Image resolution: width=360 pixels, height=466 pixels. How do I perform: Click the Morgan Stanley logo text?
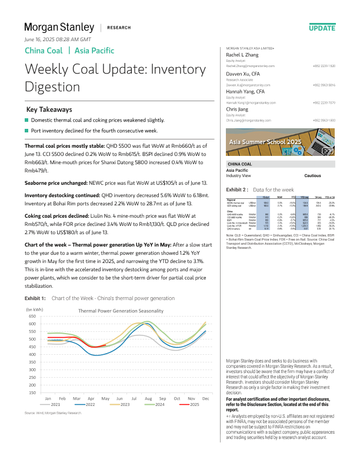(x=58, y=27)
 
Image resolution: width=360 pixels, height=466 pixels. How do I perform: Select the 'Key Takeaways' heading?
(x=50, y=109)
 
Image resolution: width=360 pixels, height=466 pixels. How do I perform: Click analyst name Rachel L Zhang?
(x=242, y=54)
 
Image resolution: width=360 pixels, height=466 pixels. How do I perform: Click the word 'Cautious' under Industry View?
(x=312, y=176)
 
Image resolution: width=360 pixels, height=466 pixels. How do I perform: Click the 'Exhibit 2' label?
(x=238, y=190)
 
